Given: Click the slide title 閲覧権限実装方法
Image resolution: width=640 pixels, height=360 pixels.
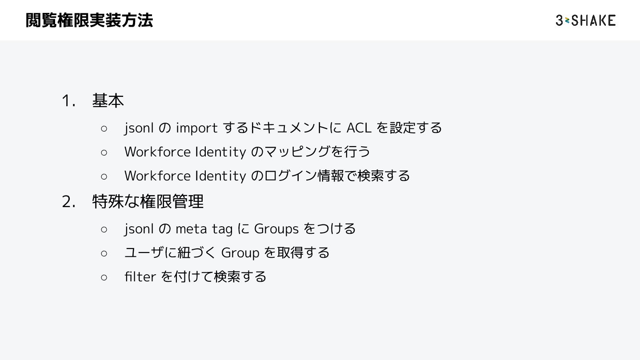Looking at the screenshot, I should point(89,20).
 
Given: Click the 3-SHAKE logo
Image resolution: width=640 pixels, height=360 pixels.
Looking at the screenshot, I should point(585,20).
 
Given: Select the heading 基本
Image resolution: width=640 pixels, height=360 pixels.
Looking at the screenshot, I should point(108,101).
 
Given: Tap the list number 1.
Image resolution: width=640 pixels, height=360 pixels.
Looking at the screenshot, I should point(68,101).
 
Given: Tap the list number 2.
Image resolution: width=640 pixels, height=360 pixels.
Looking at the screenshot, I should point(68,202).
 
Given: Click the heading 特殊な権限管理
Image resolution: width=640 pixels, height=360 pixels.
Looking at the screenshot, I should point(148,202).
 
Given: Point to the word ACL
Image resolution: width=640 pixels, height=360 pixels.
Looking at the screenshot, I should point(359,128).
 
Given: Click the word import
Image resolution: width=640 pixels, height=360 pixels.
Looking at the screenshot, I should point(196,128).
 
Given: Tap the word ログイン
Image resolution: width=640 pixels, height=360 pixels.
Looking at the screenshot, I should point(291,176).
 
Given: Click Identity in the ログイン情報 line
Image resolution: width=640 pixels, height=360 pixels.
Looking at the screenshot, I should point(220,176).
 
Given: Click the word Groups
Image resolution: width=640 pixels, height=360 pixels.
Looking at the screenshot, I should point(276,229).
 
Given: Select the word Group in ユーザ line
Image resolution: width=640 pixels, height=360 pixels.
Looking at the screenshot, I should point(240,253).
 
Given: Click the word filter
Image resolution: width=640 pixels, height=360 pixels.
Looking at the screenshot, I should point(140,277).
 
